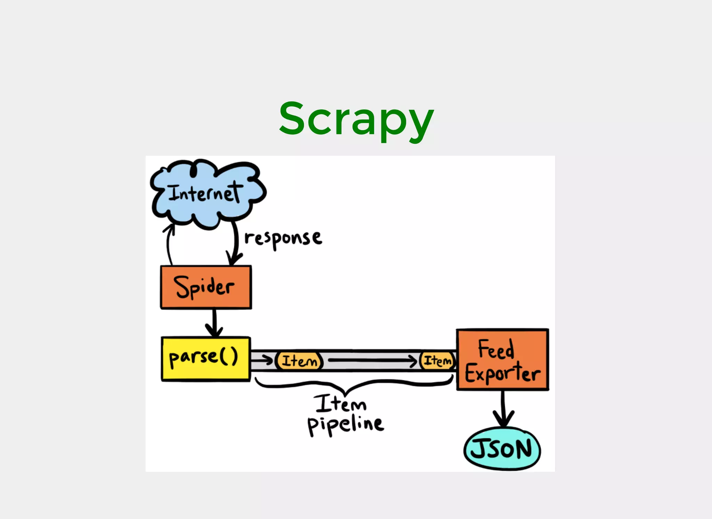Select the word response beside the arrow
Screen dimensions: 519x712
click(283, 239)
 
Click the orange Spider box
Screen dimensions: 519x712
click(206, 287)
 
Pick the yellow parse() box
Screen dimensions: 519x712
click(205, 359)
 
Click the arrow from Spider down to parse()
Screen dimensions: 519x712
click(214, 323)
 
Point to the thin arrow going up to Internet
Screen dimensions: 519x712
click(168, 245)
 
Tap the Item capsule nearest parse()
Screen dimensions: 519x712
click(299, 361)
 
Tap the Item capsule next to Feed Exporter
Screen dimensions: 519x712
click(437, 361)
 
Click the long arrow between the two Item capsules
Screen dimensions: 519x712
click(372, 361)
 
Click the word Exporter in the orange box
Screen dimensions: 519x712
click(503, 373)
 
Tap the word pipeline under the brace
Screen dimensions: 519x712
click(346, 425)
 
